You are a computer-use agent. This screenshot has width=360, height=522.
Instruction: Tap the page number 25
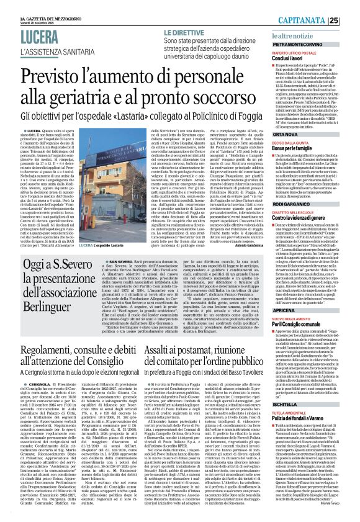point(351,20)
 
